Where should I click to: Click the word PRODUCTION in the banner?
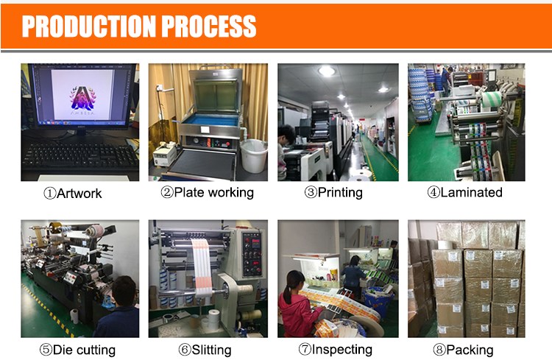click(89, 27)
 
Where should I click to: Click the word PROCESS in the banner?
click(209, 27)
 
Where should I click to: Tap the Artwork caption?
click(73, 194)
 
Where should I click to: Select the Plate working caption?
click(208, 193)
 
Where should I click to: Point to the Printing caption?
click(333, 193)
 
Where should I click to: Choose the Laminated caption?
click(464, 192)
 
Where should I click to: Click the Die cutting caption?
click(77, 350)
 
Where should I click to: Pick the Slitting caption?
click(205, 350)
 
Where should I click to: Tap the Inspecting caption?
click(336, 350)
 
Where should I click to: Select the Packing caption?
click(463, 350)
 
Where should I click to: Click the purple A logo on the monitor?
click(83, 98)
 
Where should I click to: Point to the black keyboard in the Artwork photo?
click(80, 156)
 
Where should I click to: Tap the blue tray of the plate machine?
click(210, 121)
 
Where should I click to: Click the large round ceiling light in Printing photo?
click(327, 71)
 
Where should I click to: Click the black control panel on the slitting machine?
click(252, 254)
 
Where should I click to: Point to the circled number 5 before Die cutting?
click(46, 350)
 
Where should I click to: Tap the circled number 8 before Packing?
click(439, 350)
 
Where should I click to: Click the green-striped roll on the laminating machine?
click(491, 99)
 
